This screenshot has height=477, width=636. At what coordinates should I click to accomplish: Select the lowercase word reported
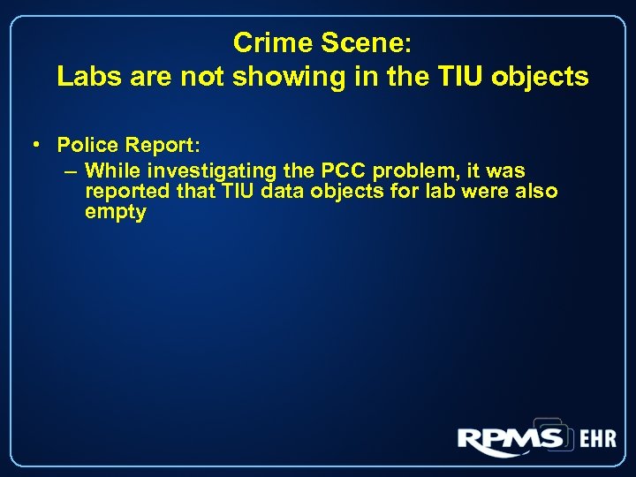pos(123,191)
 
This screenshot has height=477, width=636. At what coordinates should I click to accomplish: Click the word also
pos(537,191)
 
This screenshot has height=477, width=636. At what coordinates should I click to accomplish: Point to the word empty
pos(115,212)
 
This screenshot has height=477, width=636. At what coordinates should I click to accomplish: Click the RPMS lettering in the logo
pos(511,438)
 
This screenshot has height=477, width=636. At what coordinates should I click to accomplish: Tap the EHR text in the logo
pos(597,439)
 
